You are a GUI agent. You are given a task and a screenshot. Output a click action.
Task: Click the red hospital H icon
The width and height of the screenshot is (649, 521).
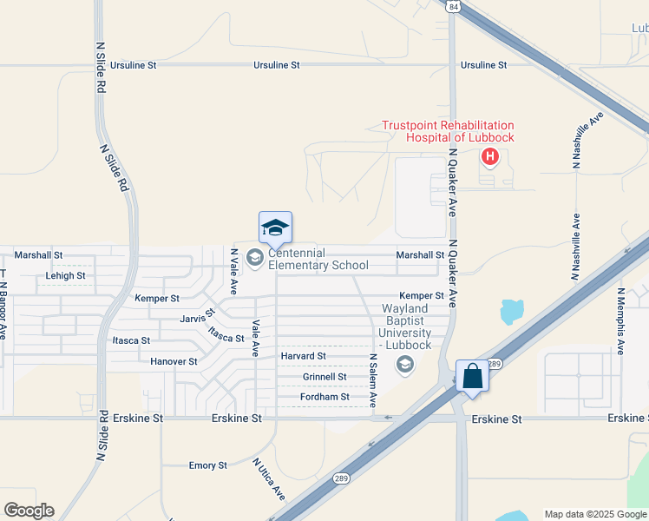[x=490, y=156]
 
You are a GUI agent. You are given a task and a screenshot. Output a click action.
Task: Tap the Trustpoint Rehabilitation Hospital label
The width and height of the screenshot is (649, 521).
[x=448, y=132]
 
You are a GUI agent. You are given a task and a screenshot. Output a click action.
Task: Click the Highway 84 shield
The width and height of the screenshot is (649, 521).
[x=453, y=6]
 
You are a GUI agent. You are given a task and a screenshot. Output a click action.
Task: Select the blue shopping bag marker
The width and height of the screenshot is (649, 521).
[x=472, y=377]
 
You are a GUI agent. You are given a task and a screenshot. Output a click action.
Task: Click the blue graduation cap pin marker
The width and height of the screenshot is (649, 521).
[x=275, y=228]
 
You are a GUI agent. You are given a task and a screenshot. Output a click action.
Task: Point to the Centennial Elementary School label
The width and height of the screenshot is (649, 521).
[x=318, y=259]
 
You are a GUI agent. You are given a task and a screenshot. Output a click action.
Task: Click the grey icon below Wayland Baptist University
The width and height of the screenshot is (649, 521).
[x=404, y=366]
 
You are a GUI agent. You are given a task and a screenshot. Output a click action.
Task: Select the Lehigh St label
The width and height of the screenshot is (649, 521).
[x=65, y=276]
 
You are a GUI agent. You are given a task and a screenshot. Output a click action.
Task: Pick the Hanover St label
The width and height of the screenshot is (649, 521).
[x=174, y=361]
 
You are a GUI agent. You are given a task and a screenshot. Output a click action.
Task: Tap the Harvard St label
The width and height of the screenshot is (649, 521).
[x=303, y=356]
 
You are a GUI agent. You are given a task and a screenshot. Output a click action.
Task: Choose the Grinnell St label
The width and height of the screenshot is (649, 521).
[x=324, y=377]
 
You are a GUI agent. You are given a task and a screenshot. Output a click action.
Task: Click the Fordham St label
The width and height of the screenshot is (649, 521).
[x=325, y=397]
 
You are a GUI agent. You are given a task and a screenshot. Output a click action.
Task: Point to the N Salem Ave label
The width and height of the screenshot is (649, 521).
[x=373, y=380]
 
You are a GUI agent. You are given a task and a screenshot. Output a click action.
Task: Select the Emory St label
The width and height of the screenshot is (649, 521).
[x=208, y=465]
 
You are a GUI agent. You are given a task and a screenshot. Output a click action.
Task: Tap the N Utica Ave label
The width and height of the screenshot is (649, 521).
[x=269, y=478]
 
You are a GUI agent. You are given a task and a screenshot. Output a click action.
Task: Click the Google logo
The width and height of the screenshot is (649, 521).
[x=29, y=511]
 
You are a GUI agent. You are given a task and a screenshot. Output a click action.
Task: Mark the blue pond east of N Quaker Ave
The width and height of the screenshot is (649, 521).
[x=512, y=311]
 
